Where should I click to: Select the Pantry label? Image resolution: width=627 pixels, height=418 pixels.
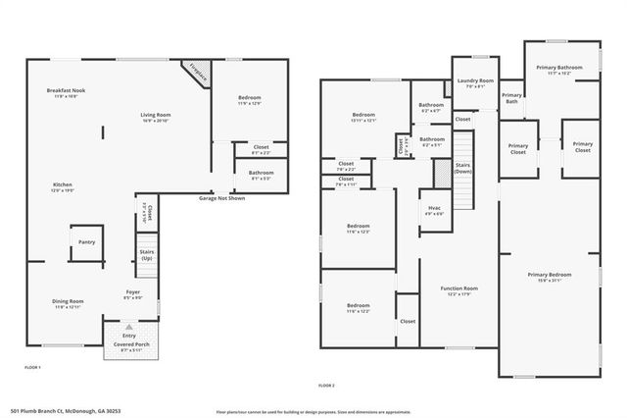86,241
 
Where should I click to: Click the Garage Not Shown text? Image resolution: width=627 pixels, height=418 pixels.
221,198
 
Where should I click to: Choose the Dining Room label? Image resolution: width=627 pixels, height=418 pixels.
69,304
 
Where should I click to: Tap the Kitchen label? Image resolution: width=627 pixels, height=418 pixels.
62,187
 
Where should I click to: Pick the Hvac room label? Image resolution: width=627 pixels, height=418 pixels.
434,210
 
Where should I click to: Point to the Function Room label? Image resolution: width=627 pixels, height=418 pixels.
458,290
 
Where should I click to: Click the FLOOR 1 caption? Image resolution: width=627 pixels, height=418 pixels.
33,367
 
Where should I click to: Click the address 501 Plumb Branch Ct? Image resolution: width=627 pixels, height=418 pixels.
60,409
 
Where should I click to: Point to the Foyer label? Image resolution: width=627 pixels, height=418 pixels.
132,292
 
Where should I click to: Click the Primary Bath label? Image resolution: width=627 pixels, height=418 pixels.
512,99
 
